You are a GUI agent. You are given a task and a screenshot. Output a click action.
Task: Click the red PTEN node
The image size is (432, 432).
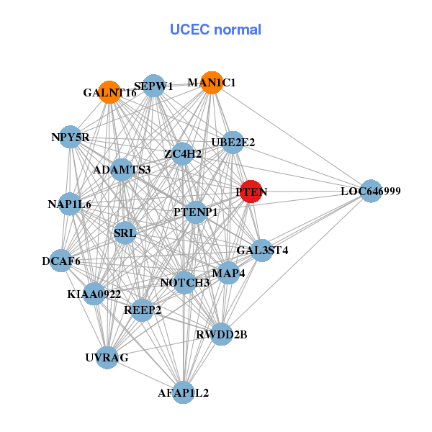click(250, 192)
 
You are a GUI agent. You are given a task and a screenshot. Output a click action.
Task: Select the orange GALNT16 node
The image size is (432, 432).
click(109, 92)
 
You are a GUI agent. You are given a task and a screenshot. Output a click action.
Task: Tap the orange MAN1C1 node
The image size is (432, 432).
click(211, 83)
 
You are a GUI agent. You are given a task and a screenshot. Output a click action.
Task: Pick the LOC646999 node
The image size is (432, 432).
click(370, 192)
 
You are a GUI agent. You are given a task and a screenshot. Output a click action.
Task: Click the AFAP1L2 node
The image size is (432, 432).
click(184, 392)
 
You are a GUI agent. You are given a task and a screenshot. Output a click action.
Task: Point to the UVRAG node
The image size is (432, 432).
click(107, 357)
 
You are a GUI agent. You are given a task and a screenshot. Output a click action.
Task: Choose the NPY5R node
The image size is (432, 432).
click(70, 137)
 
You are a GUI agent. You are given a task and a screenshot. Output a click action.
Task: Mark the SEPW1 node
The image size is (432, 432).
click(153, 86)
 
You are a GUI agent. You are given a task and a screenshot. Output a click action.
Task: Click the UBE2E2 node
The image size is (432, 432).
click(233, 143)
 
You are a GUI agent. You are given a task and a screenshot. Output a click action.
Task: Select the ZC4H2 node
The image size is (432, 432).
click(182, 153)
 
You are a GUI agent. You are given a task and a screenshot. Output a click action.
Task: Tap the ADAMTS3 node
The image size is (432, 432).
click(122, 170)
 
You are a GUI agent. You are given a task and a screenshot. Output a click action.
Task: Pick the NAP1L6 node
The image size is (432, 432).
click(70, 204)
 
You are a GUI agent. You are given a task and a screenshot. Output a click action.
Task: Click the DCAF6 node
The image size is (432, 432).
click(61, 261)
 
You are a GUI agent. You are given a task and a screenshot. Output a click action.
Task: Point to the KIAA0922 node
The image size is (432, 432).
click(94, 294)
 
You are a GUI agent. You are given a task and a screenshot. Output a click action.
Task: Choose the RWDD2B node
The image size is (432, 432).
click(222, 334)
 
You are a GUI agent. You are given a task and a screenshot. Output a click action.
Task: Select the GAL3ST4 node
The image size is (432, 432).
click(262, 251)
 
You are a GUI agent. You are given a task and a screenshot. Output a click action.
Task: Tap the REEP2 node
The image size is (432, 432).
click(143, 310)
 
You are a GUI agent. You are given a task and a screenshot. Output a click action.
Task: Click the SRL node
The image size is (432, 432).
click(125, 233)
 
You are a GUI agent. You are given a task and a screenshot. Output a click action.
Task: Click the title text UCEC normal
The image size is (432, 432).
click(215, 30)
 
